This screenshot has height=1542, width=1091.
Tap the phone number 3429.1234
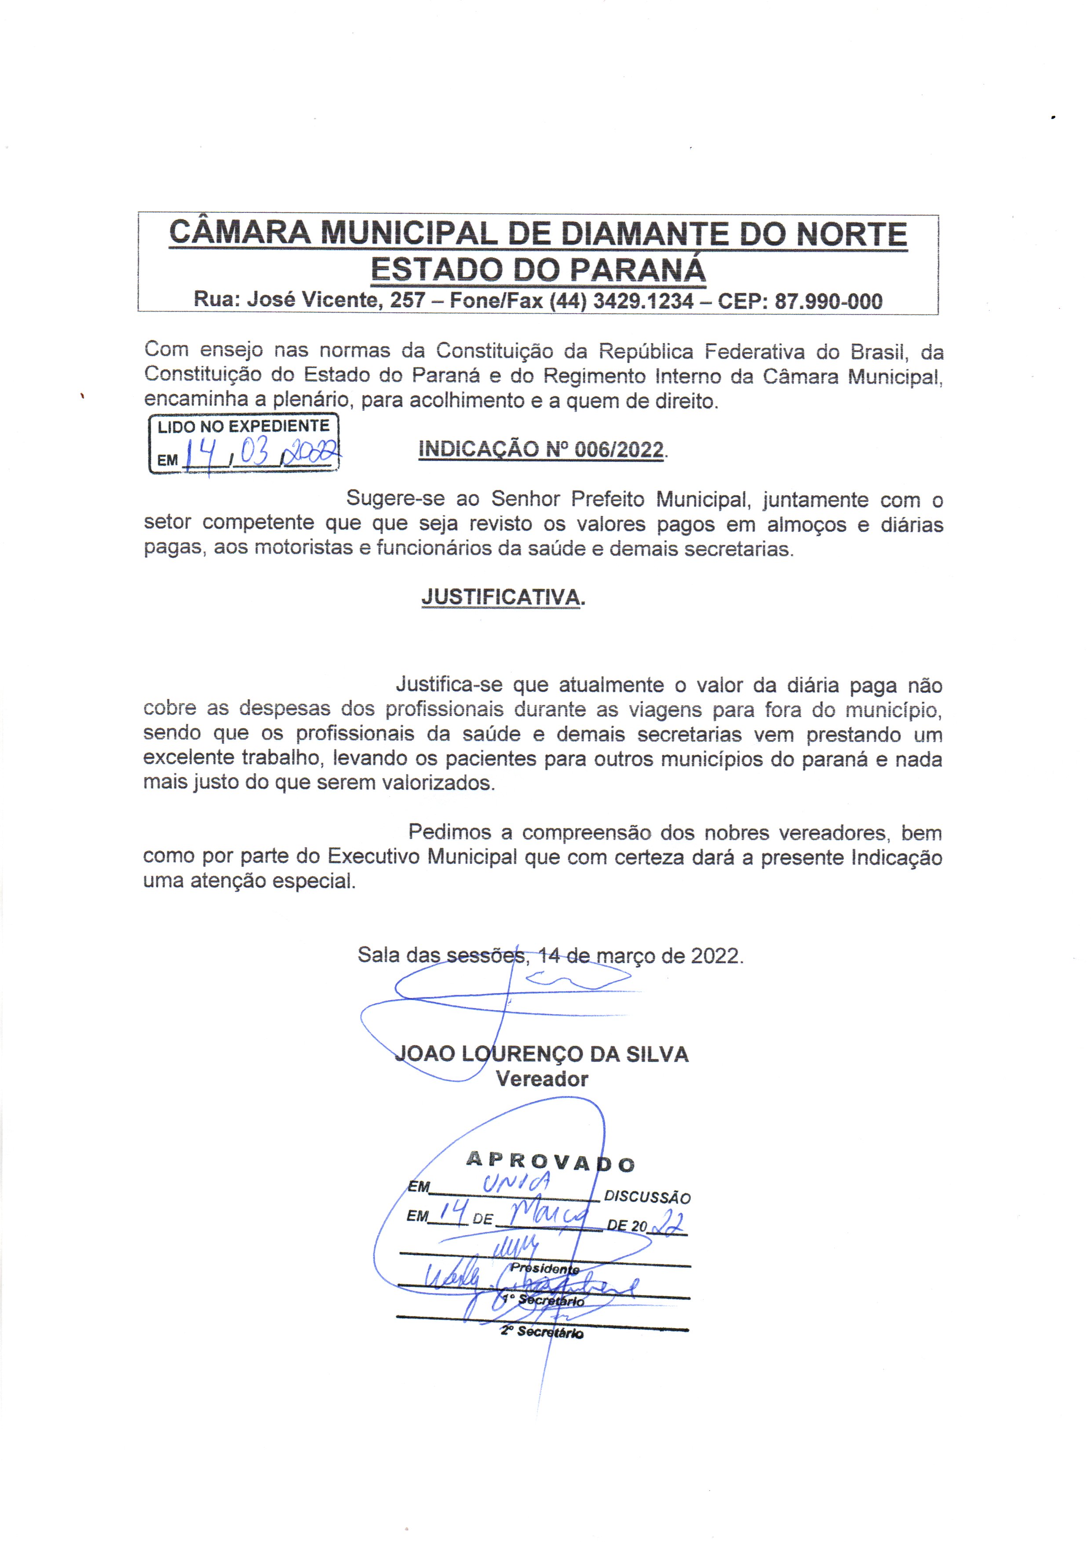point(643,300)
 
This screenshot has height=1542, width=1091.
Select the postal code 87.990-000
point(828,301)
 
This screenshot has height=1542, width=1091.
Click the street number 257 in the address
point(408,300)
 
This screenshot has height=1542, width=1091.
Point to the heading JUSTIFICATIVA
point(500,597)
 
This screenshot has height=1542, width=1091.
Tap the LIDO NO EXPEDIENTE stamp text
point(243,426)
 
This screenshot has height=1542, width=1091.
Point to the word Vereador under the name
point(541,1079)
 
